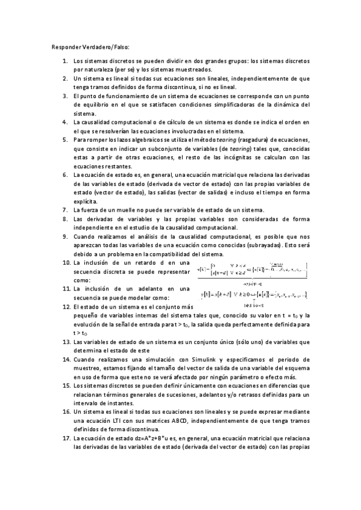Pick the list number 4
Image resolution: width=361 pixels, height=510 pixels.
pos(65,122)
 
